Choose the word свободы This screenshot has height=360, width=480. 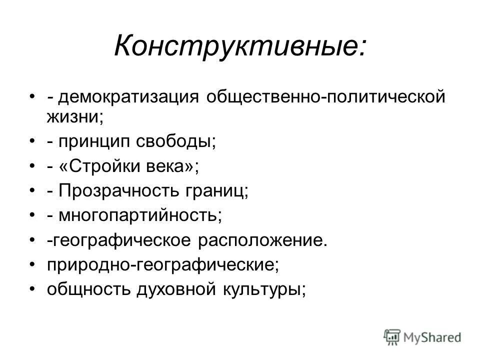173,141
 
